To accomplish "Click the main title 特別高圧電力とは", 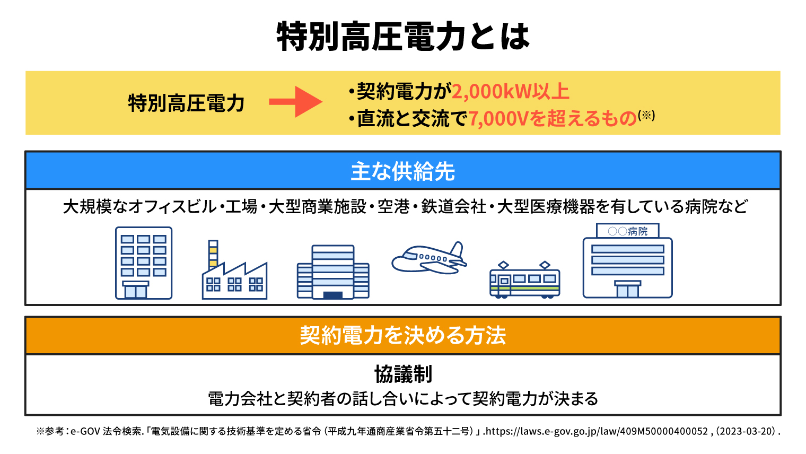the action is (x=403, y=37).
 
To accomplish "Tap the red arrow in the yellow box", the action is (x=295, y=101).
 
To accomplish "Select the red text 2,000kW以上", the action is (x=510, y=91).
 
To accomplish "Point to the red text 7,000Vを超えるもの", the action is (x=553, y=118).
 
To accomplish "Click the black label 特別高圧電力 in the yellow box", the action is (x=187, y=103).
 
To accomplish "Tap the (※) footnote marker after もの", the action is (x=646, y=115).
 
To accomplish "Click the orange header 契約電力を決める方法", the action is (x=402, y=335).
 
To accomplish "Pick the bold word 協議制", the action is (x=403, y=374).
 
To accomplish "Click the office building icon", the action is (x=144, y=263).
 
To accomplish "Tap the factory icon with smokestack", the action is (x=234, y=269).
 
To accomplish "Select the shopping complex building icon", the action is (x=333, y=272).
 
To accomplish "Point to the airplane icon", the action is (x=429, y=258).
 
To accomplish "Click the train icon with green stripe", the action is (x=524, y=280).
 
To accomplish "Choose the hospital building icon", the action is (x=627, y=260).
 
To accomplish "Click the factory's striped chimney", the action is (x=213, y=255).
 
